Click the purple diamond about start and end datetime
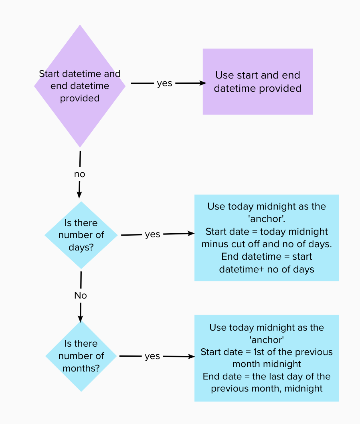click(80, 86)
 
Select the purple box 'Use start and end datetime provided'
click(257, 82)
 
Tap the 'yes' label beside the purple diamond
click(164, 83)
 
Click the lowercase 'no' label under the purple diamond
click(79, 174)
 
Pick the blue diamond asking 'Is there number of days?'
click(81, 235)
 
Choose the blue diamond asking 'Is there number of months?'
click(81, 356)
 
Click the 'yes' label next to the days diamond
click(152, 234)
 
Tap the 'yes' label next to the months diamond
click(152, 356)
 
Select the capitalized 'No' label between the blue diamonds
click(81, 295)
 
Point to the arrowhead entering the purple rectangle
click(202, 83)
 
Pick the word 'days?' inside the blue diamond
click(81, 247)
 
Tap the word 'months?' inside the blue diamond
click(81, 368)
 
